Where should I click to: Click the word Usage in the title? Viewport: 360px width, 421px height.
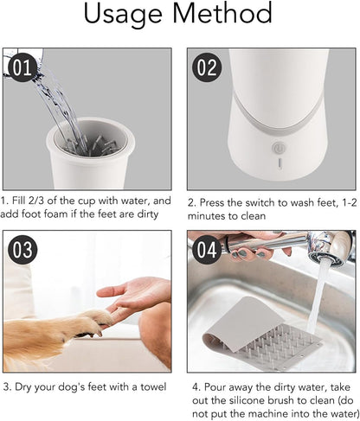(123, 15)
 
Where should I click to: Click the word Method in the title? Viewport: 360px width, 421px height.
(222, 13)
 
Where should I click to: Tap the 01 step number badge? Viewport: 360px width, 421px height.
(22, 67)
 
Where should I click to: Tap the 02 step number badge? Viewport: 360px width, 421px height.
(207, 67)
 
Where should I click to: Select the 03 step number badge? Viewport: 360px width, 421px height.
(22, 250)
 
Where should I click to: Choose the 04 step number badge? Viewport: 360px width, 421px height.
(207, 250)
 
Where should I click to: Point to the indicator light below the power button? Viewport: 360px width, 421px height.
(279, 163)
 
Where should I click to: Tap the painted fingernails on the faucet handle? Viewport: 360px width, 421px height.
(252, 254)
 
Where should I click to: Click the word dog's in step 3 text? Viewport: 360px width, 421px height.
(72, 387)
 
